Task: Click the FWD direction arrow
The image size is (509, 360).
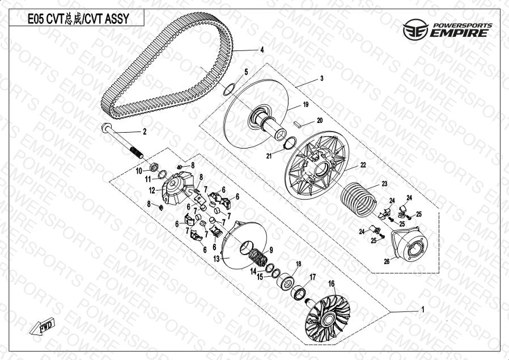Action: [42, 326]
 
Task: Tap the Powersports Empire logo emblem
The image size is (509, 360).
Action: [416, 29]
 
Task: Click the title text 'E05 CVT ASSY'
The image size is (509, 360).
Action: [78, 19]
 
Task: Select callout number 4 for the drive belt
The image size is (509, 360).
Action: [262, 50]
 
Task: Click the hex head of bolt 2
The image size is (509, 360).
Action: [107, 127]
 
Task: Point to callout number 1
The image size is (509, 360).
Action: [423, 310]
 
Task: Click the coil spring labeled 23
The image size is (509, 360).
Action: [358, 200]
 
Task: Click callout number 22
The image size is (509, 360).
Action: [363, 165]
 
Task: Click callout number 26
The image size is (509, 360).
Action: [387, 262]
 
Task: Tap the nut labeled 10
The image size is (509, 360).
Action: [154, 167]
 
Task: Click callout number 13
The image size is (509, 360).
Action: [217, 259]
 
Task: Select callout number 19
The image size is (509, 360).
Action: [306, 104]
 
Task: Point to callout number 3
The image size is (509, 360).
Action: [322, 78]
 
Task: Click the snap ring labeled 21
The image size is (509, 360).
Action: [289, 143]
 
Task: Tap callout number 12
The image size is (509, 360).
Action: [152, 190]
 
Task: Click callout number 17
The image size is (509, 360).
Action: [312, 277]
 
